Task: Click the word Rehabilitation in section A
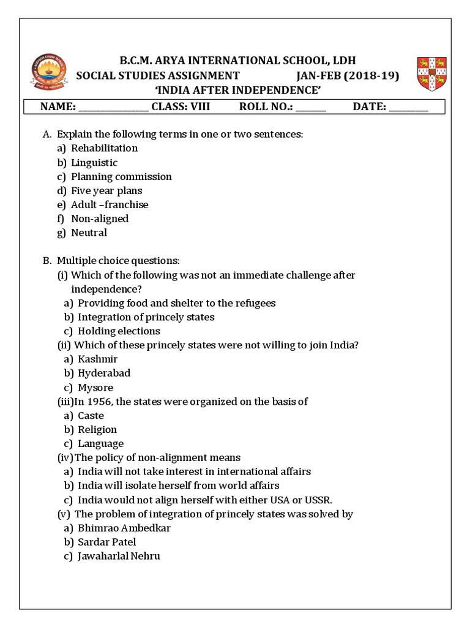(x=104, y=148)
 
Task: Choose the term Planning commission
(x=121, y=177)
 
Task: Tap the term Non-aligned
(x=100, y=219)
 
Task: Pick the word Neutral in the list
(x=89, y=233)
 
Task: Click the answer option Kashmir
(x=97, y=359)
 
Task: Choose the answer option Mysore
(x=95, y=388)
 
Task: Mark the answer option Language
(x=100, y=444)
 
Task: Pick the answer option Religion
(x=97, y=430)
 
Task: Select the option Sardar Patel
(x=107, y=543)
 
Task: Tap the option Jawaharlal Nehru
(x=119, y=557)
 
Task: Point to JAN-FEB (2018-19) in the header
(x=347, y=76)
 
